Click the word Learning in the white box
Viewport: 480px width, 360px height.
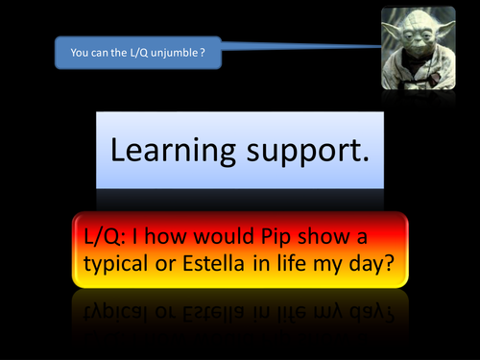click(172, 151)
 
